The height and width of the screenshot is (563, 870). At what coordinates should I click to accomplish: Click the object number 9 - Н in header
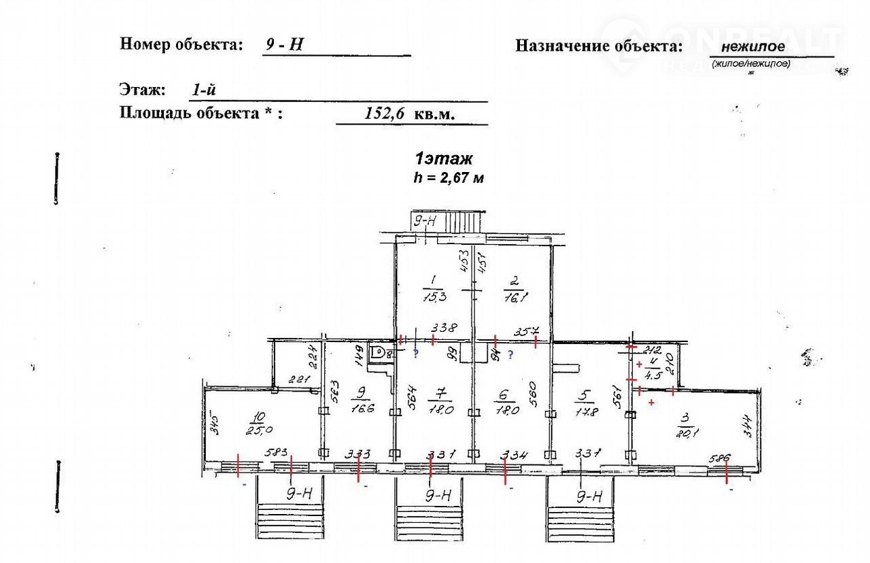coord(284,46)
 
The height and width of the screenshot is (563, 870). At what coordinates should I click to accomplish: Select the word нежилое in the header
coord(752,46)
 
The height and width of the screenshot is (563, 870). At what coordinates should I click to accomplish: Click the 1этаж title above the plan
coord(444,159)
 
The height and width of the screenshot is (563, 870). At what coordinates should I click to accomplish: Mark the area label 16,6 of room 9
coord(360,409)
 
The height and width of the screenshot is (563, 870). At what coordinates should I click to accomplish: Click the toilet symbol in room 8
coord(378,352)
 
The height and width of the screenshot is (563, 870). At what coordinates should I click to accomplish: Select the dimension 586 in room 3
coord(719,458)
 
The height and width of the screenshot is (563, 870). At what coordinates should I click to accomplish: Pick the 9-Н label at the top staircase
coord(425,220)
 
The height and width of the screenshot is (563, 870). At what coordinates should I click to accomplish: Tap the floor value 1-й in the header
coord(205,89)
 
